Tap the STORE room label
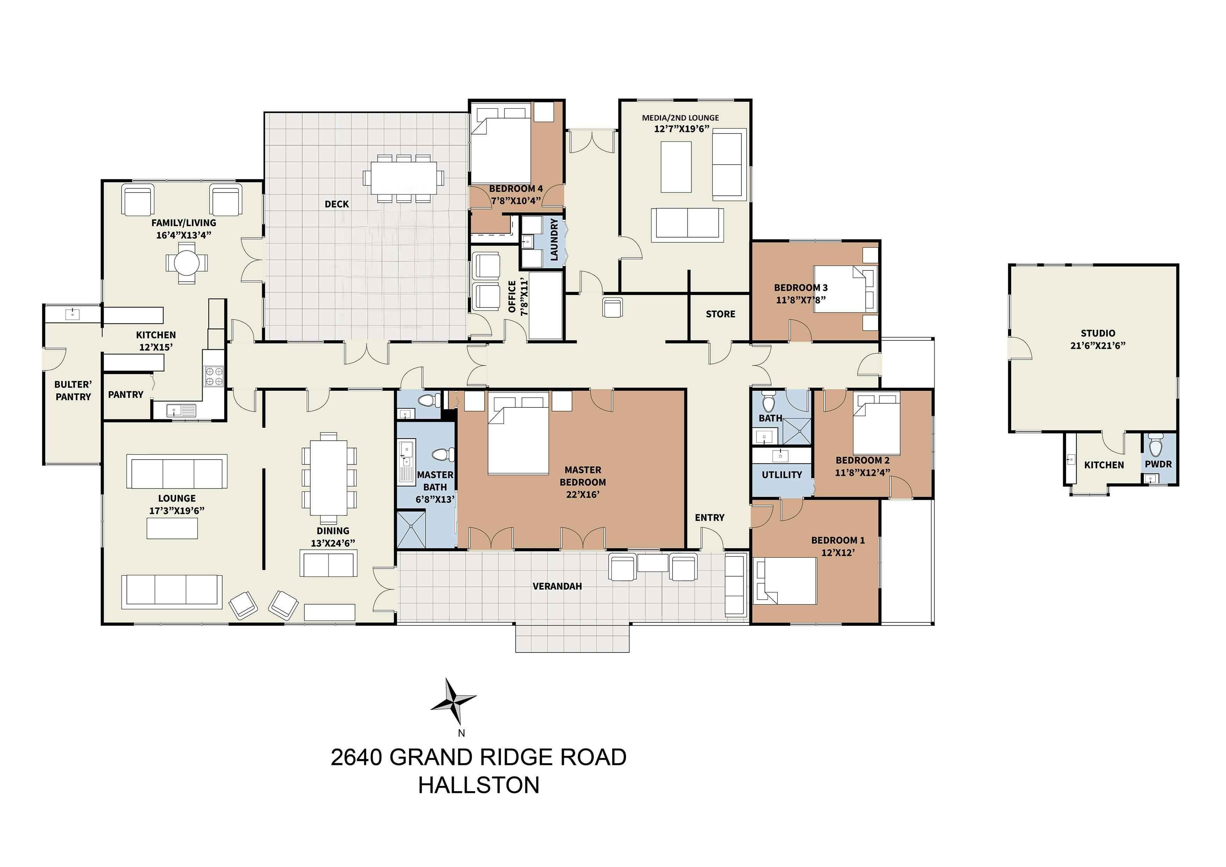coord(720,314)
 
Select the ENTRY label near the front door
coord(710,518)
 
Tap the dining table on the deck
coord(404,179)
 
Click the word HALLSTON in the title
coord(479,785)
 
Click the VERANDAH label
coord(557,586)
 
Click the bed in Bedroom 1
coord(785,581)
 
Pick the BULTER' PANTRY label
coord(73,390)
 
